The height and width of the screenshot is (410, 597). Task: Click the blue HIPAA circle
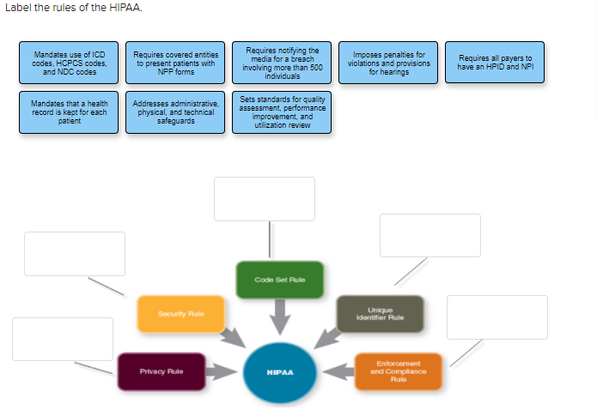click(x=280, y=372)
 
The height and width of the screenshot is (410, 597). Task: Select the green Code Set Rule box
click(x=280, y=280)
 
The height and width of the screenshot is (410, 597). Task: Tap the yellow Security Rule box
click(x=180, y=314)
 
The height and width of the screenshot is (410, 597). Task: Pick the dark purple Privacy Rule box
click(x=161, y=371)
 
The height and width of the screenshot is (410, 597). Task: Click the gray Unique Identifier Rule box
click(x=380, y=314)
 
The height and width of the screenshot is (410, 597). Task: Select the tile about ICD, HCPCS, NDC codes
click(x=70, y=63)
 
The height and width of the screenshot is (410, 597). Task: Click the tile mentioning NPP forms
click(x=176, y=63)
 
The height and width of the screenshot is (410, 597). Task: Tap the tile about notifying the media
click(x=282, y=63)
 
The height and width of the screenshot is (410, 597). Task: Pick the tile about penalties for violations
click(x=387, y=63)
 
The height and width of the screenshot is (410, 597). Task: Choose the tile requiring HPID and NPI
click(x=494, y=63)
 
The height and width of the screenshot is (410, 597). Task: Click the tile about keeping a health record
click(x=70, y=112)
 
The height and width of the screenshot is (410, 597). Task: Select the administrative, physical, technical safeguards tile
click(x=176, y=112)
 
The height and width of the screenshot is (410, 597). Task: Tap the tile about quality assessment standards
click(x=282, y=112)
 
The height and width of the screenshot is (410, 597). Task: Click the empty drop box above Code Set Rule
click(x=265, y=199)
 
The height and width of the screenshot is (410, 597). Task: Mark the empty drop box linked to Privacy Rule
click(x=63, y=339)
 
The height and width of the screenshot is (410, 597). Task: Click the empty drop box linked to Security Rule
click(x=75, y=253)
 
